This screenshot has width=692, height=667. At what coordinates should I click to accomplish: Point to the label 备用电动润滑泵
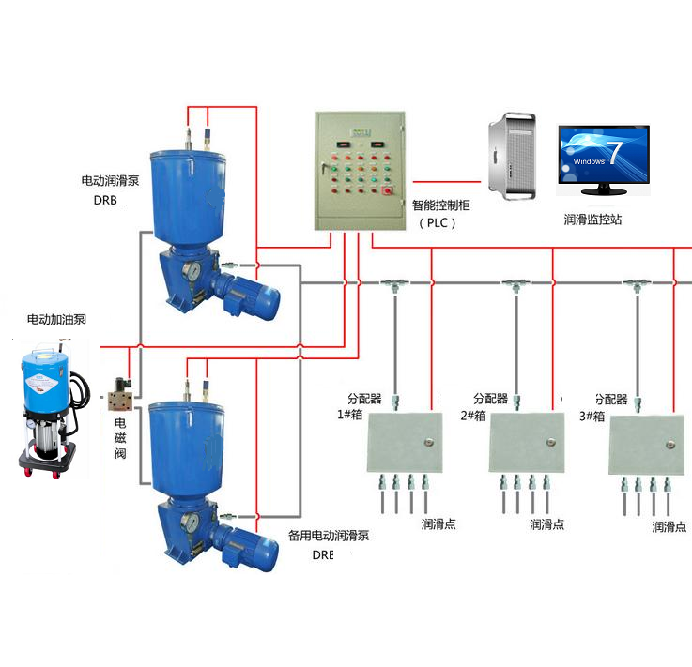pos(327,538)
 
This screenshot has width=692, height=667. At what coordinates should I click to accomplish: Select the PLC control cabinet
pos(360,170)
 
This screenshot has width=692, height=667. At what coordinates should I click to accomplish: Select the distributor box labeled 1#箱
pos(405,442)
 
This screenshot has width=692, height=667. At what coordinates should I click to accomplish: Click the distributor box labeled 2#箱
pos(528,442)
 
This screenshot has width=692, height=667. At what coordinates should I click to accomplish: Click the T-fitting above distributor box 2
pos(514,282)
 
